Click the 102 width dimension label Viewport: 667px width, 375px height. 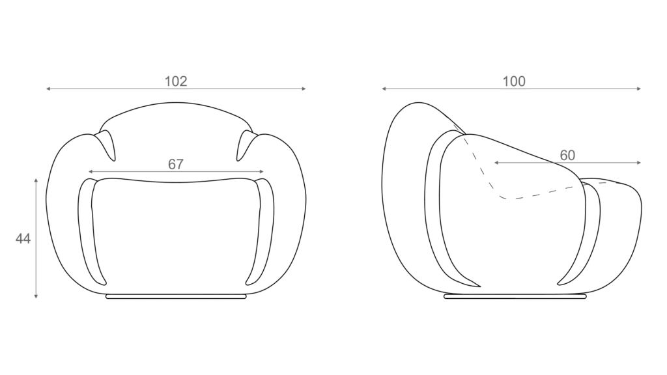click(176, 81)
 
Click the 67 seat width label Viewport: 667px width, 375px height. click(176, 164)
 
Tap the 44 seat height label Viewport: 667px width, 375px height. click(23, 238)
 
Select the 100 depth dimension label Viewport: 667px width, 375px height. click(514, 81)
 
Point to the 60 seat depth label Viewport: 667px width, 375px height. click(567, 155)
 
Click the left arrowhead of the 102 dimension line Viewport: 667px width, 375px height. click(48, 89)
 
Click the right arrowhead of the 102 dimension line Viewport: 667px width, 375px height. click(304, 89)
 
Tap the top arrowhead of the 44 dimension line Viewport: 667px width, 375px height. click(36, 181)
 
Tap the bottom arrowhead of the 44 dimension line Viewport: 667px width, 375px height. click(36, 296)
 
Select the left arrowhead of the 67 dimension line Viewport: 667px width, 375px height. click(90, 172)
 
